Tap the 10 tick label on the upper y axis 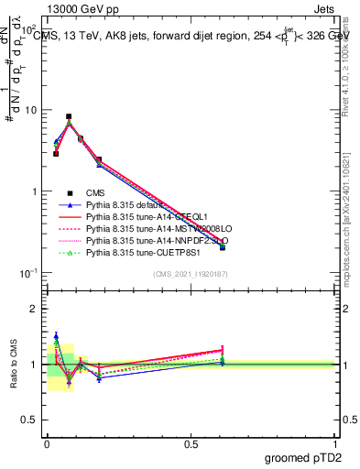click(30, 110)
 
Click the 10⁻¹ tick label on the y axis click(28, 274)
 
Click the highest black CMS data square click(69, 117)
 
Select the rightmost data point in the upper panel click(223, 247)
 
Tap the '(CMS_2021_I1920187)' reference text click(191, 275)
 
